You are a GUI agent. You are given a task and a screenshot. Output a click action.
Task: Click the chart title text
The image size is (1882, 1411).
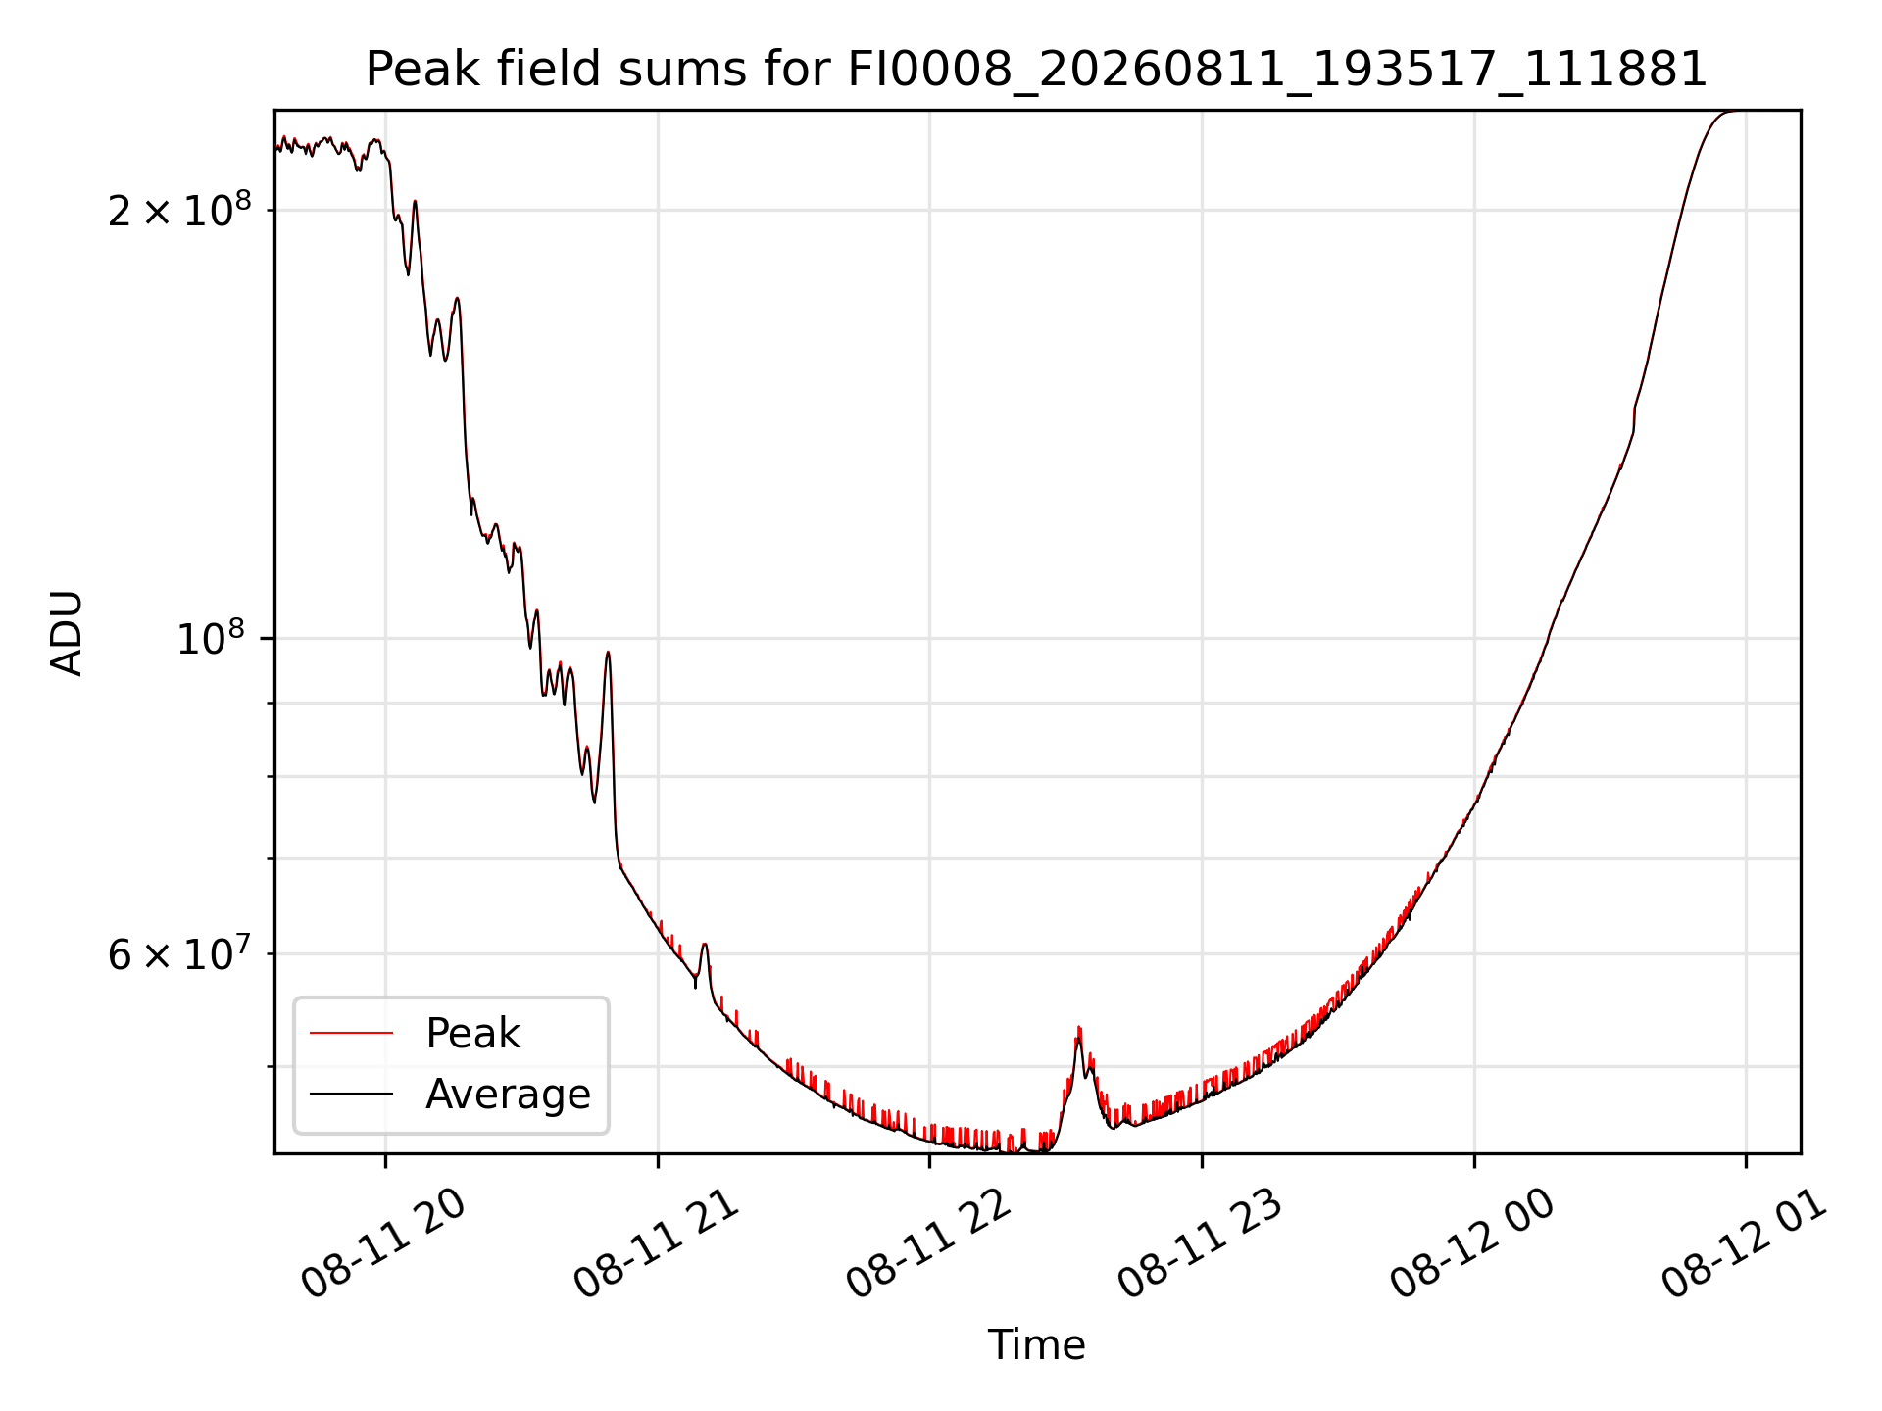point(1036,70)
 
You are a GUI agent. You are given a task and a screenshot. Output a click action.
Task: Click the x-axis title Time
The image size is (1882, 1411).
point(1036,1344)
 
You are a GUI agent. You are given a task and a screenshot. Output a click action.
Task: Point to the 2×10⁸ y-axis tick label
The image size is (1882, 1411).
point(179,209)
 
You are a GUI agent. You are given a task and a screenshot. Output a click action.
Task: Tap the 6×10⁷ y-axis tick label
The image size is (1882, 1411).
point(179,952)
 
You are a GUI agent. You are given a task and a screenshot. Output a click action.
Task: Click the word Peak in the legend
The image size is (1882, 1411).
point(472,1034)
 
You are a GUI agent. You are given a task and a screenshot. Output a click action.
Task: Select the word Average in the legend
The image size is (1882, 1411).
point(508,1095)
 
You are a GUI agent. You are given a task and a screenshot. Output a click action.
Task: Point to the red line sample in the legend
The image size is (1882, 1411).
point(351,1033)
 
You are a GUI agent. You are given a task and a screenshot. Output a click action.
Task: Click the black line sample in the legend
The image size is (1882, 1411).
point(351,1094)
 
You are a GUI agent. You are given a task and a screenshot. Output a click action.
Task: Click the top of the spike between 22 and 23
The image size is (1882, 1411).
point(1078,1028)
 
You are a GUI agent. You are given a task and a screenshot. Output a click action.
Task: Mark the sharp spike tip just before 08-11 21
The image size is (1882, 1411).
point(608,652)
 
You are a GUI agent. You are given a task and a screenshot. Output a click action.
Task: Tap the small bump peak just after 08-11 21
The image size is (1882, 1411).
point(704,944)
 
